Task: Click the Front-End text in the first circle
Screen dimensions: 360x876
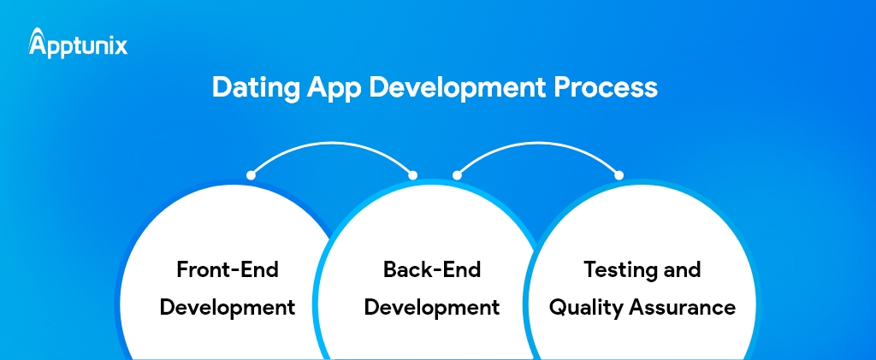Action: point(227,270)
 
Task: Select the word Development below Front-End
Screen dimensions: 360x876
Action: point(227,307)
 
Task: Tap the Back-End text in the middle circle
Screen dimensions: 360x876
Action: point(432,270)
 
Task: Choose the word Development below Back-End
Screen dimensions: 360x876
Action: point(432,307)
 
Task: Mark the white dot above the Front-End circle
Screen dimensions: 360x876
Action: point(251,174)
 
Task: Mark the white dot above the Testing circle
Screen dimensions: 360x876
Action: point(618,174)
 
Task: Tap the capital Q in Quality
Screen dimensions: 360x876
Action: point(557,307)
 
